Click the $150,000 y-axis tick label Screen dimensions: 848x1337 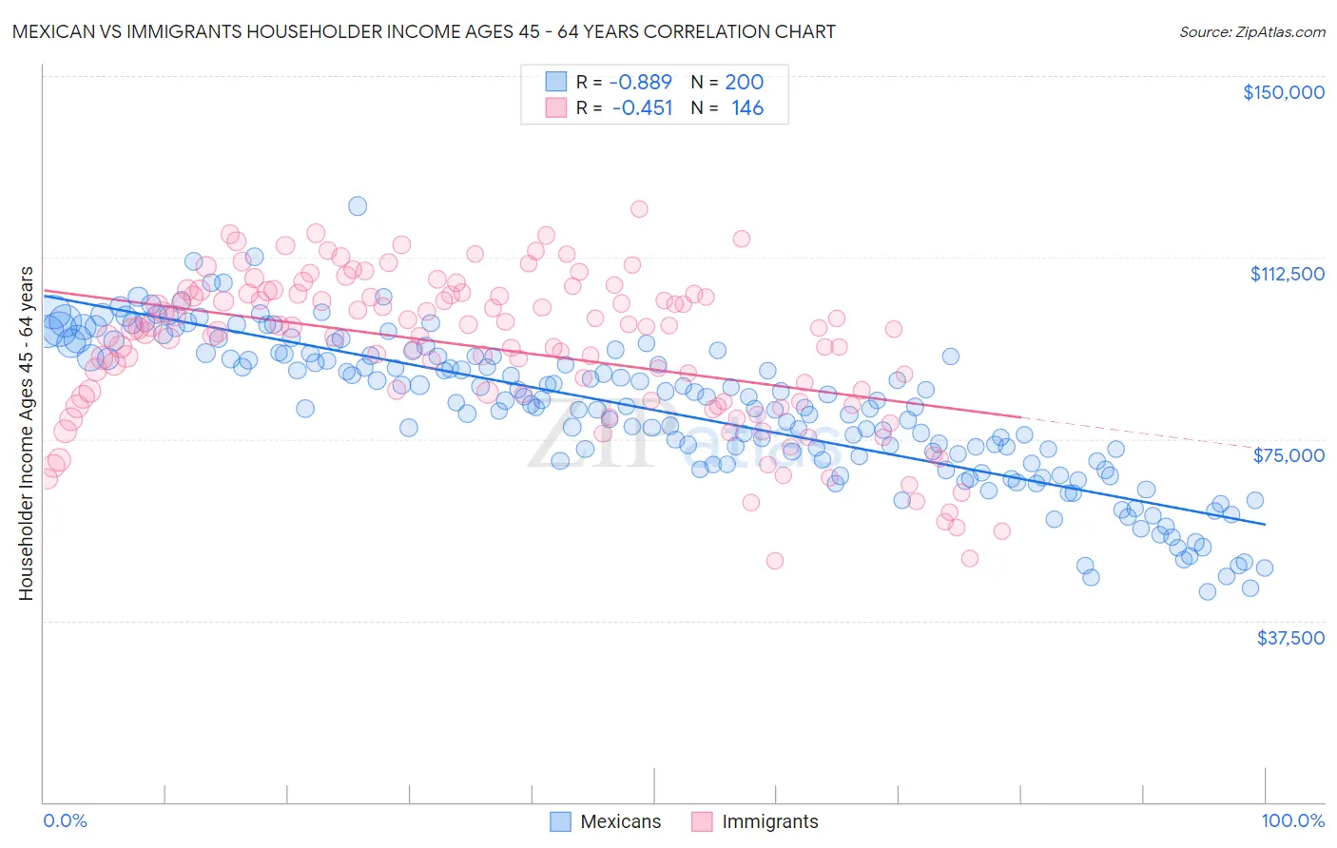click(x=1283, y=92)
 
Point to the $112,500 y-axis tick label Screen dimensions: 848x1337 click(x=1287, y=274)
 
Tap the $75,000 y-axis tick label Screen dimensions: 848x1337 click(x=1289, y=455)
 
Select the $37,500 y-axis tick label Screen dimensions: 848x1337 click(x=1289, y=638)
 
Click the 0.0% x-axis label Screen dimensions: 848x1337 click(x=65, y=821)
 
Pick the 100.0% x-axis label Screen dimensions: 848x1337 click(x=1292, y=821)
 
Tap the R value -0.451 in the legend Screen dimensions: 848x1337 click(x=642, y=108)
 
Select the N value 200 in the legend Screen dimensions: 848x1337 click(x=744, y=83)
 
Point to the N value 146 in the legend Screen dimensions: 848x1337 click(x=746, y=108)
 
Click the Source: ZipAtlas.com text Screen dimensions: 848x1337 click(x=1251, y=31)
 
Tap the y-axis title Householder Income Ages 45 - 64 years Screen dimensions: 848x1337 click(x=26, y=434)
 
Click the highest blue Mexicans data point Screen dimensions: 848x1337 click(x=358, y=206)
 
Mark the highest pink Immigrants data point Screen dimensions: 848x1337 click(x=639, y=209)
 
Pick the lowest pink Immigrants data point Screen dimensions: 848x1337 click(x=775, y=561)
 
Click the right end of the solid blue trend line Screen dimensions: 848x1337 click(x=1265, y=524)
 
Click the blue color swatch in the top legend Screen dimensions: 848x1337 click(x=556, y=83)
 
